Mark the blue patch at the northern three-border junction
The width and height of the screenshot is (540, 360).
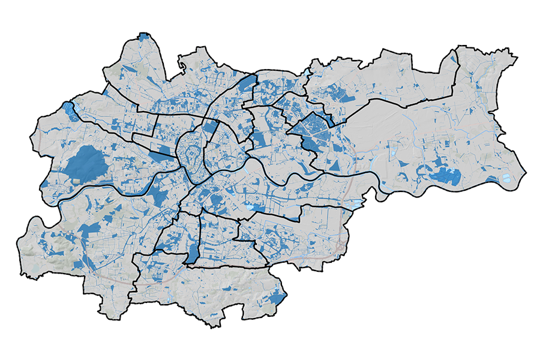point(246,84)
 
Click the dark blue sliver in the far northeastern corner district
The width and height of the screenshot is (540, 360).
point(453,60)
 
